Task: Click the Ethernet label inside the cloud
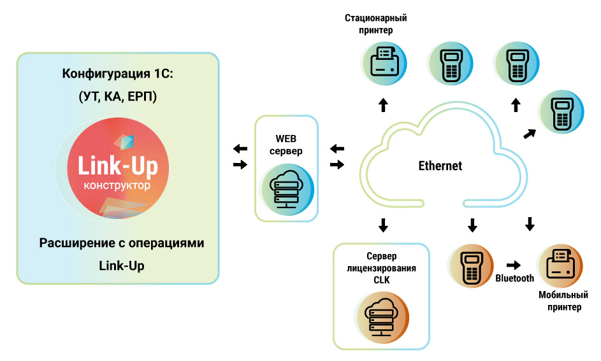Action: click(x=440, y=166)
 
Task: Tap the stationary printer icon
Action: click(x=384, y=64)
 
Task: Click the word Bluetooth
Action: click(x=514, y=278)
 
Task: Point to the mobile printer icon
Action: click(x=560, y=264)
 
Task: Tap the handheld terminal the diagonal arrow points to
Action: click(x=561, y=112)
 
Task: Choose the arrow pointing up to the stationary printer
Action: click(x=383, y=104)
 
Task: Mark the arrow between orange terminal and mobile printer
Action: click(x=513, y=264)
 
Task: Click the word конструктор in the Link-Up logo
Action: click(x=118, y=187)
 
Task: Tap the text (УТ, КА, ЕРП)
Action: click(x=118, y=97)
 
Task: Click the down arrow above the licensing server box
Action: click(x=383, y=224)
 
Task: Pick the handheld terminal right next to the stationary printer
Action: click(x=451, y=64)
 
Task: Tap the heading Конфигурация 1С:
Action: click(x=118, y=73)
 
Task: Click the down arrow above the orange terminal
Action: click(x=472, y=224)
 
